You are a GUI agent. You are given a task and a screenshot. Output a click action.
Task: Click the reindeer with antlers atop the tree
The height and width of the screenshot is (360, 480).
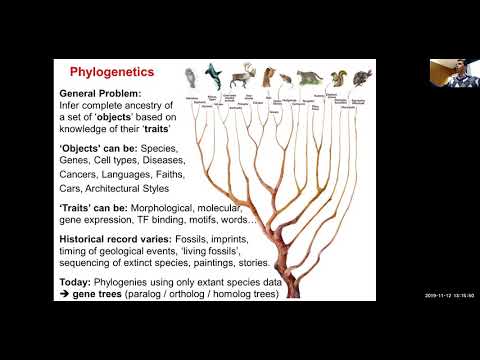(x=244, y=77)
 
